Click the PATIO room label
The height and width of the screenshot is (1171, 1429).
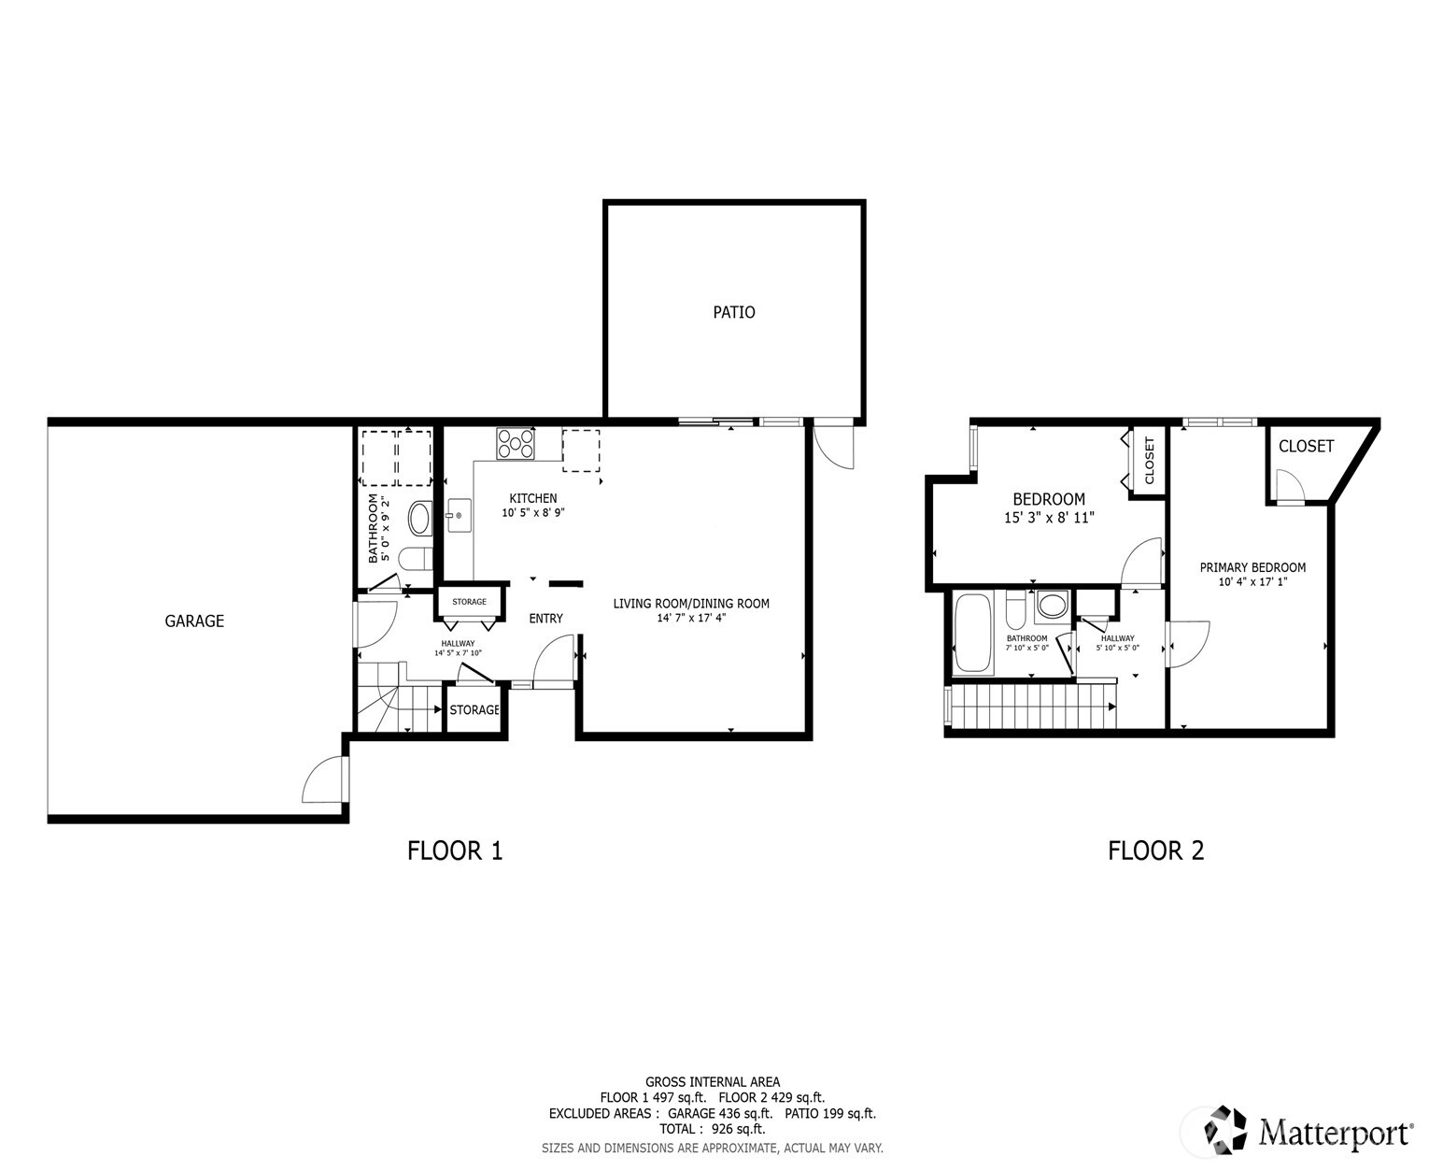(x=733, y=312)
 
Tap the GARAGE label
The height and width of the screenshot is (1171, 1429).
(x=194, y=621)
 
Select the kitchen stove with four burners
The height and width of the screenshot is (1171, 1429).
(x=515, y=444)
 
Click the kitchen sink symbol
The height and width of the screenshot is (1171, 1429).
(x=459, y=515)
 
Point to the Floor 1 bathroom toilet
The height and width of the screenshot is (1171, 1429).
(x=416, y=560)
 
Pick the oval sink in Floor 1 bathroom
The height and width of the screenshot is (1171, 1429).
(x=420, y=519)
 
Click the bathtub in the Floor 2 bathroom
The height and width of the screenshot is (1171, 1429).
(x=972, y=634)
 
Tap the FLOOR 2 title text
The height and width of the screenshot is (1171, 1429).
(x=1156, y=850)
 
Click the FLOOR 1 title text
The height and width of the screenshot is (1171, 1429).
(x=455, y=850)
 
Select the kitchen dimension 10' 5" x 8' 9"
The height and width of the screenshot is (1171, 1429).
(x=533, y=513)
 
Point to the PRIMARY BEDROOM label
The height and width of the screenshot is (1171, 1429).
(x=1252, y=567)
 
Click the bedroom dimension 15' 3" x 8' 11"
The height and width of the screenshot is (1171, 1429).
(x=1049, y=518)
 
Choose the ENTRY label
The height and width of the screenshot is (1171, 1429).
(x=545, y=619)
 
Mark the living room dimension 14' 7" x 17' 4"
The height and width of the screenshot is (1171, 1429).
(x=691, y=618)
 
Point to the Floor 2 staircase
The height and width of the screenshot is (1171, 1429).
(x=1031, y=707)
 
